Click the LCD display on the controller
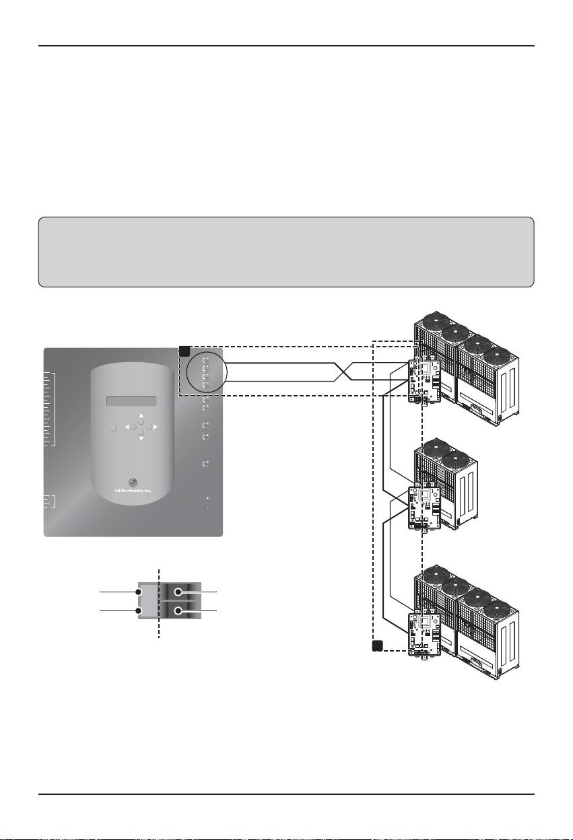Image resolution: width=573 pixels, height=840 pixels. [x=132, y=402]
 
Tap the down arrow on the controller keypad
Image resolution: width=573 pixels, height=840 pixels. [x=141, y=438]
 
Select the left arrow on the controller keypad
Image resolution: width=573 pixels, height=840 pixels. [x=127, y=427]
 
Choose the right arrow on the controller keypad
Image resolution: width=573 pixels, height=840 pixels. [x=156, y=427]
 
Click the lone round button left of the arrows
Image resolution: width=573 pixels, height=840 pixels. [x=113, y=427]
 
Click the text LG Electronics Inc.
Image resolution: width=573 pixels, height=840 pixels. [x=133, y=491]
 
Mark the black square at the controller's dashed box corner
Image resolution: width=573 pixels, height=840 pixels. [x=184, y=350]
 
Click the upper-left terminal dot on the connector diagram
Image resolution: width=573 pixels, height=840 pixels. [x=139, y=592]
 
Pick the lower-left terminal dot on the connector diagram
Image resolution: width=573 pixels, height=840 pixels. [x=139, y=611]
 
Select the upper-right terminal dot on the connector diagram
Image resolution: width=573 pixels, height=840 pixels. [x=178, y=592]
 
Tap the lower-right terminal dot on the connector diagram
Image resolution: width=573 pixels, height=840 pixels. [x=178, y=611]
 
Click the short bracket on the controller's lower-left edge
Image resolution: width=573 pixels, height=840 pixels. [x=50, y=501]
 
